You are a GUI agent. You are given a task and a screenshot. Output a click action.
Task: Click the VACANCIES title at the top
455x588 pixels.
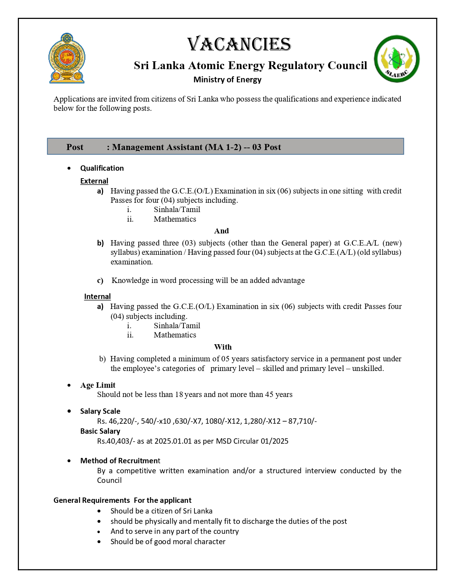239,45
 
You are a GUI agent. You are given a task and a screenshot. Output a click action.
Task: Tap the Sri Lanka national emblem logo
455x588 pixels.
67,58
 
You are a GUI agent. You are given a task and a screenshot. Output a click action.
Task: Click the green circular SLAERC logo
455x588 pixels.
396,59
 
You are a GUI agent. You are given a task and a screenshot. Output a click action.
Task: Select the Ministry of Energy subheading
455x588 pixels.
227,79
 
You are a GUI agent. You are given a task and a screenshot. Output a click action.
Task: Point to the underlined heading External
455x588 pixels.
94,181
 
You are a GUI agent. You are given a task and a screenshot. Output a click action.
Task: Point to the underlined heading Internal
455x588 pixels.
97,296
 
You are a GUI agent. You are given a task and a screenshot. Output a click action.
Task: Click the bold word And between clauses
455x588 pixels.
221,231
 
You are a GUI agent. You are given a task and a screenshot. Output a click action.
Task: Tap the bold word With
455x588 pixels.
223,347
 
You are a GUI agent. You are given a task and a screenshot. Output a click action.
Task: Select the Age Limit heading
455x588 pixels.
98,385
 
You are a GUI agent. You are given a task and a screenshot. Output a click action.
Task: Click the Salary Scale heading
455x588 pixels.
100,411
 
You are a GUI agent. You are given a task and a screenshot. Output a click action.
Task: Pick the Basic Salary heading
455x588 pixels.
100,431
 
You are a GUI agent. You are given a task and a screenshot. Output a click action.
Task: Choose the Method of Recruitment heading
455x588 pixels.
120,461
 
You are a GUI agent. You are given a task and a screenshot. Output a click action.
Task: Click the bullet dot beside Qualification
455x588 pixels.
69,168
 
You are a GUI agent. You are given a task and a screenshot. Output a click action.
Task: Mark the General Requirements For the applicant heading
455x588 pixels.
122,500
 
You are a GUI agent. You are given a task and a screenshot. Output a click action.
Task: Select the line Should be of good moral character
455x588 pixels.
168,542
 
